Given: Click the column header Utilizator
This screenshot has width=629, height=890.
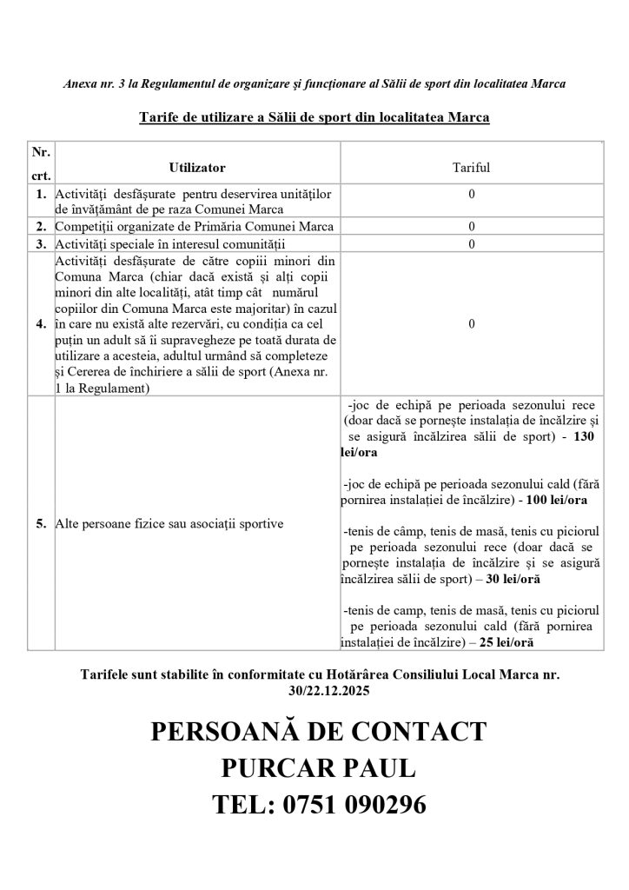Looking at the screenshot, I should pos(197,166).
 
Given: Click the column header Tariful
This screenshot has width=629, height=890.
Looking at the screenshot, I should pos(471,166).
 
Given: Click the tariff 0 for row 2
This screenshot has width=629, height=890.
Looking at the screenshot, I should pos(471,227).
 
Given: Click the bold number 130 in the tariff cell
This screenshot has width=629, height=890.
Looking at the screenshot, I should pos(584,438).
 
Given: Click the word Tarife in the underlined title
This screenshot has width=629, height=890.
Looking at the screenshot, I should pos(159,117).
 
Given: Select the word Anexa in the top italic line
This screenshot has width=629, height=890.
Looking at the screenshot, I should pos(81,84).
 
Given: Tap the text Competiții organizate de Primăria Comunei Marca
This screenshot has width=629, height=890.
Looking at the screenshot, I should pos(195,227).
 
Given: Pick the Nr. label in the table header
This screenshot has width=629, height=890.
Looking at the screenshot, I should pos(41,151).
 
